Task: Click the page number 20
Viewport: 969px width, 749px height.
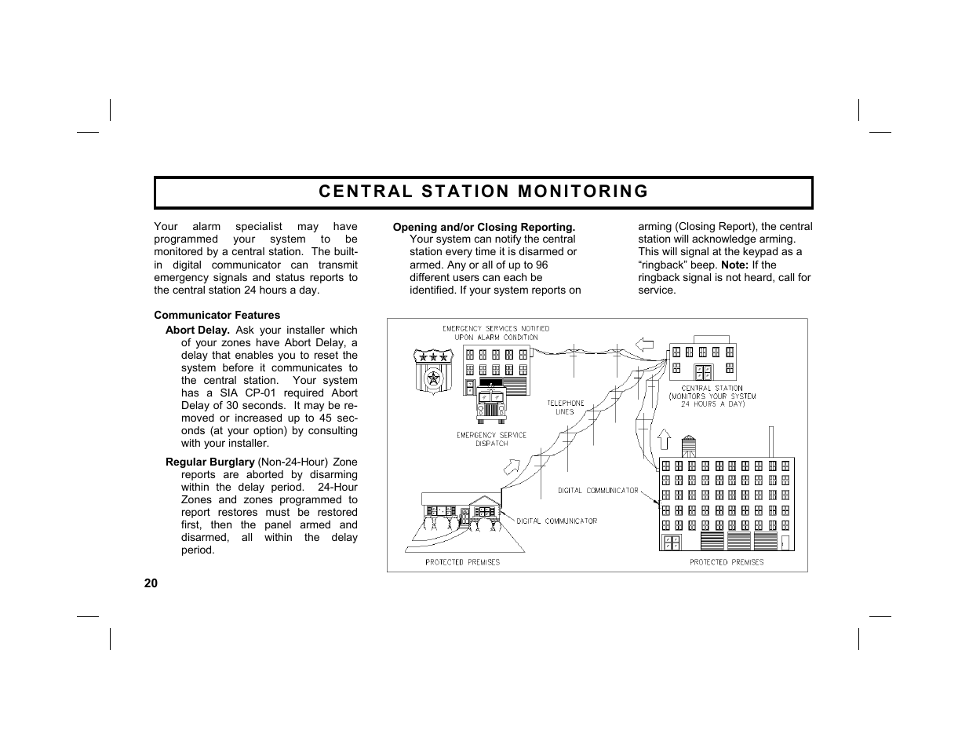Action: click(x=151, y=583)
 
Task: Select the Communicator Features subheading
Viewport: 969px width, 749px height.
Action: click(x=217, y=315)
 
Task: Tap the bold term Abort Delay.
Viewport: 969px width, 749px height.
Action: click(x=197, y=330)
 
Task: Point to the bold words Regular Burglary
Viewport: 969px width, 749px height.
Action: click(x=209, y=462)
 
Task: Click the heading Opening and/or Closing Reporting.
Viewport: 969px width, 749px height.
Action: click(x=483, y=227)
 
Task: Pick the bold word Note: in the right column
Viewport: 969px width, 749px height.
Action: click(x=735, y=265)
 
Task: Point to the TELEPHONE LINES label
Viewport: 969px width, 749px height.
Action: click(x=565, y=407)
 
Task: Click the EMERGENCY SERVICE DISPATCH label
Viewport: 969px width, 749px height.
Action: click(x=491, y=439)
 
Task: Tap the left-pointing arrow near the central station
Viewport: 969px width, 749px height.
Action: click(x=644, y=343)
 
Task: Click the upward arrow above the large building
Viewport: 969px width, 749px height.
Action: click(x=664, y=439)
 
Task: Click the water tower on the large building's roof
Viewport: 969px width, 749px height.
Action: click(x=688, y=446)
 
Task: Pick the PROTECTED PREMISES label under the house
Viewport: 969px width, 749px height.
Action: click(x=462, y=562)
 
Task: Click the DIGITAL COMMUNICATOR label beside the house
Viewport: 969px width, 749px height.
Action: click(x=556, y=521)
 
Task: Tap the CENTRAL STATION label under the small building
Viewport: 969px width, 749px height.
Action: click(x=712, y=388)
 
